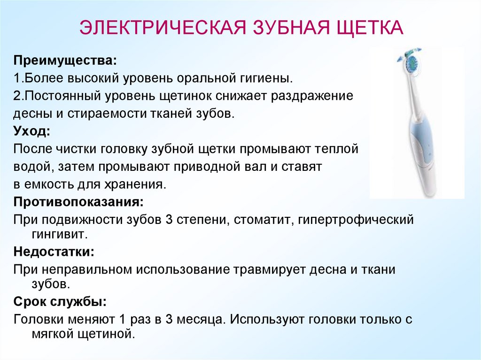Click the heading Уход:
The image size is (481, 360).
click(x=31, y=131)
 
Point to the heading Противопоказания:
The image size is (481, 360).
click(x=78, y=202)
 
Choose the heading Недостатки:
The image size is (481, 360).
click(x=54, y=252)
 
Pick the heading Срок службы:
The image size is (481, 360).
click(x=60, y=301)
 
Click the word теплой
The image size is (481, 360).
click(x=336, y=149)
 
